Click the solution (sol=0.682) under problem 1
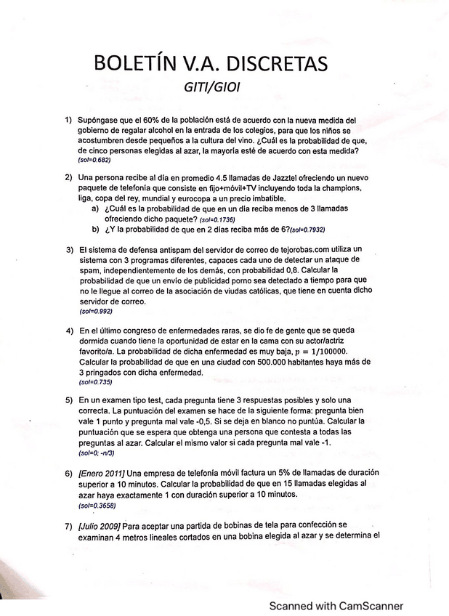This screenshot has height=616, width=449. click(x=94, y=160)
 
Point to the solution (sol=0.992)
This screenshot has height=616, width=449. click(x=94, y=310)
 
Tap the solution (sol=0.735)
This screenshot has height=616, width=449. click(x=94, y=381)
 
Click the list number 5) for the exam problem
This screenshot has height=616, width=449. click(x=68, y=400)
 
